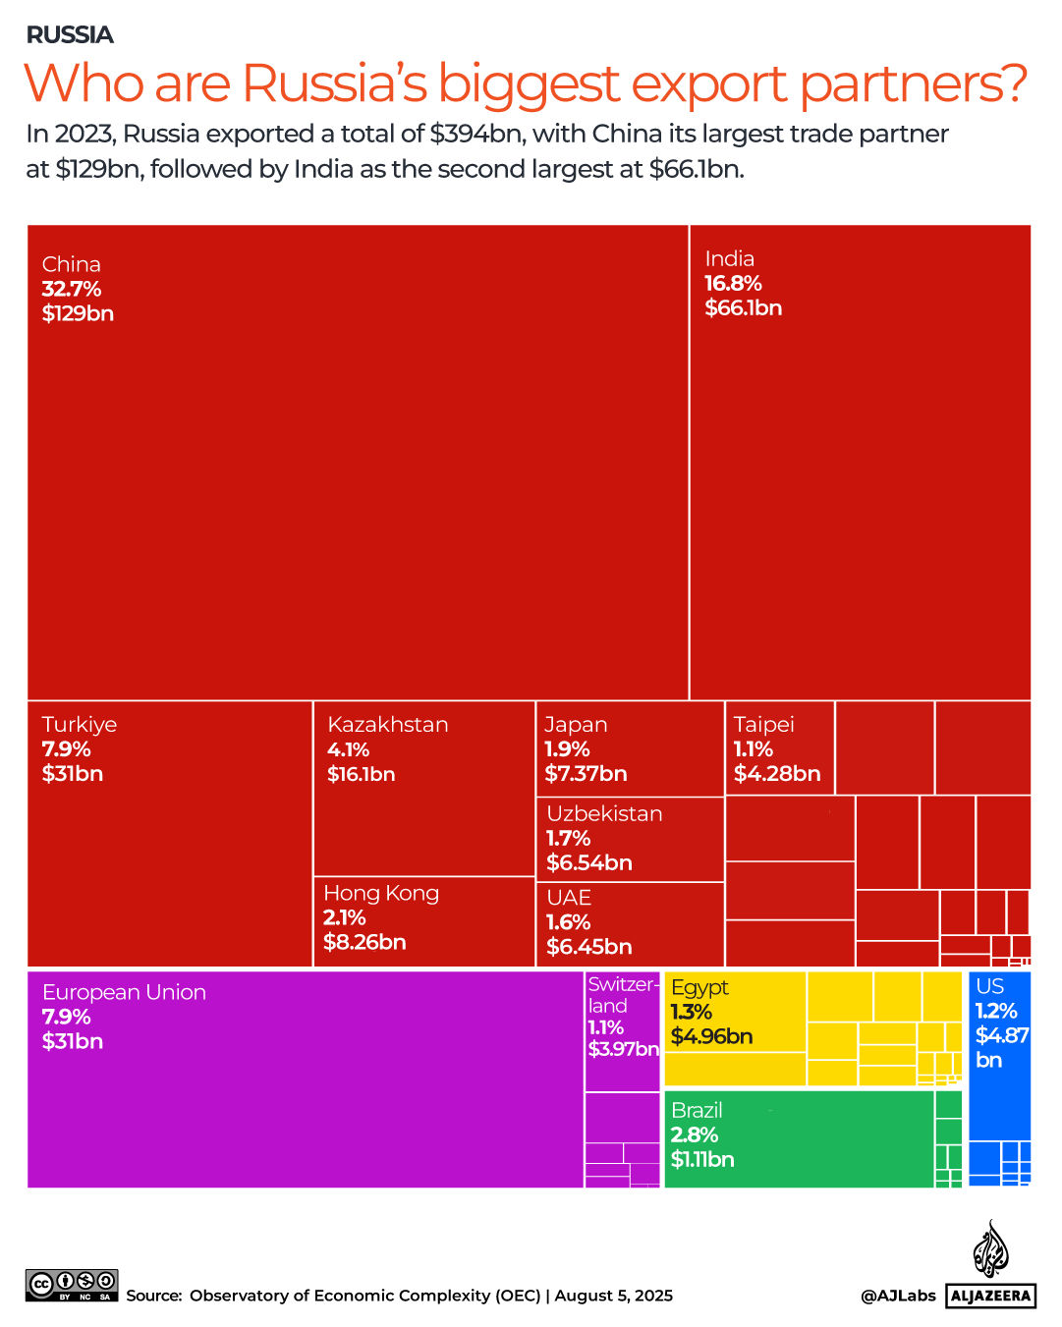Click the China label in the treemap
(71, 264)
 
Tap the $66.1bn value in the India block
(743, 308)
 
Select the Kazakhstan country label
(387, 725)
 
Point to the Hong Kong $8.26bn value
(364, 943)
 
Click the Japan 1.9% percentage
(567, 749)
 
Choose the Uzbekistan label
(604, 814)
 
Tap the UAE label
(569, 898)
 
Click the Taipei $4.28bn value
(776, 774)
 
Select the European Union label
(124, 993)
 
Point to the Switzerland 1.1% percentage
(605, 1027)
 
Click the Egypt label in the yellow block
(699, 987)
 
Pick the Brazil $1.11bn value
(701, 1160)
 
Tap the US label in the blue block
(989, 986)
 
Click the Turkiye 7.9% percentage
(66, 749)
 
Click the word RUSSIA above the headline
(70, 35)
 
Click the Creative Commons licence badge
(72, 1285)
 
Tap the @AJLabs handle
(898, 1296)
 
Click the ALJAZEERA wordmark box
(990, 1296)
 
